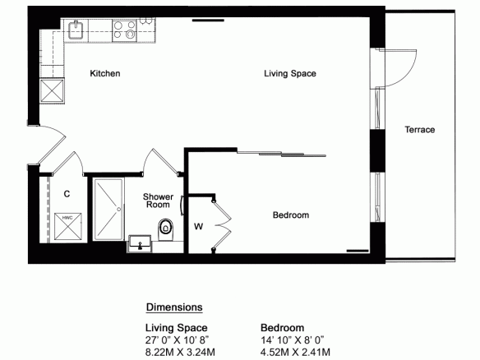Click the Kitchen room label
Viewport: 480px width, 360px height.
[x=105, y=73]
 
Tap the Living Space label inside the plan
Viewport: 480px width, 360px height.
[x=290, y=73]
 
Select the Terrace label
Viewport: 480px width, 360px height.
[x=420, y=130]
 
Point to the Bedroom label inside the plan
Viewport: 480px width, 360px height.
[x=291, y=215]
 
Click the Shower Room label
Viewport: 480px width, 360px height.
[x=158, y=201]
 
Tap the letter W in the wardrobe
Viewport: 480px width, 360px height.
[x=198, y=227]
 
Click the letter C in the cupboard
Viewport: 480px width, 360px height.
[x=67, y=194]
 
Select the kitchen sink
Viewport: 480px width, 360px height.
[x=76, y=30]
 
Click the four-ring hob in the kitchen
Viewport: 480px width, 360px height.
[x=125, y=30]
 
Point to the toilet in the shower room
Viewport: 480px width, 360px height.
[x=165, y=229]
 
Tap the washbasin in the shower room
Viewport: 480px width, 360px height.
[x=140, y=243]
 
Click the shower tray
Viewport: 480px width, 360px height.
[x=108, y=210]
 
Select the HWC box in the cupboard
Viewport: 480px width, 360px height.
[x=68, y=227]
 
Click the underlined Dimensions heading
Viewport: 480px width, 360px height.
[x=174, y=307]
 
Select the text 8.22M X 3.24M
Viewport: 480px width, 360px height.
[x=180, y=352]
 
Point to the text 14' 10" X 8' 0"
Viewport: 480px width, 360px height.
[x=293, y=339]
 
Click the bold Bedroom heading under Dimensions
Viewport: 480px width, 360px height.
[x=282, y=328]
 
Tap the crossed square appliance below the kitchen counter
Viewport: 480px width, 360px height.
[x=53, y=90]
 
